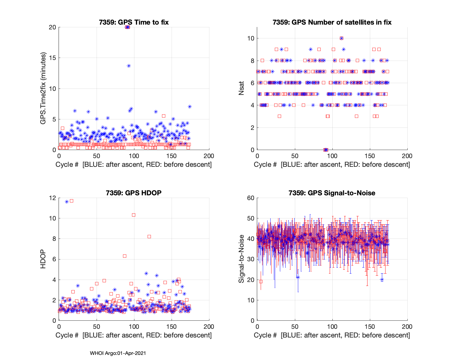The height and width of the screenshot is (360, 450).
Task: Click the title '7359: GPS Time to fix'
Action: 134,22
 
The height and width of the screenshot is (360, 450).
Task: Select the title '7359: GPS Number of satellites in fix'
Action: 332,22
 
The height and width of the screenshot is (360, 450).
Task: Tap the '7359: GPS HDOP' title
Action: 134,193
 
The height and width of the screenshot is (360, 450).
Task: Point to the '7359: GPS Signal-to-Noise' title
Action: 332,193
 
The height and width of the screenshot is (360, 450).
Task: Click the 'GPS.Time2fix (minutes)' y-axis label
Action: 43,88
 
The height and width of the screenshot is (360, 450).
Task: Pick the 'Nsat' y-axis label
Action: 241,88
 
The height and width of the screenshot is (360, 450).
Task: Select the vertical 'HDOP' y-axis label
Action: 43,259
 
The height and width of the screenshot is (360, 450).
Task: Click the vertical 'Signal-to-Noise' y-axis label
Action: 241,259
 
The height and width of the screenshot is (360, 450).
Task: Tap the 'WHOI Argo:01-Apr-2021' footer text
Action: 118,353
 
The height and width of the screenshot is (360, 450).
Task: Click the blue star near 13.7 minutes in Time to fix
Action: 129,66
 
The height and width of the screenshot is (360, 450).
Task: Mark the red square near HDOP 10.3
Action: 133,215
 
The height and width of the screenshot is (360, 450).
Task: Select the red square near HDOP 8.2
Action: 149,237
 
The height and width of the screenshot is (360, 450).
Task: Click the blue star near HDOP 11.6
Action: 67,202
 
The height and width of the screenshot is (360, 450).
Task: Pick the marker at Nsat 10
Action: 341,38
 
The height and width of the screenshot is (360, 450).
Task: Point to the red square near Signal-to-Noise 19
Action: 261,281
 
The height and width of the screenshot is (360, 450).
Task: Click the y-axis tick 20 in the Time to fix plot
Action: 52,27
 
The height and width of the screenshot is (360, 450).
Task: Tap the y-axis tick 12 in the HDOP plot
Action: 52,198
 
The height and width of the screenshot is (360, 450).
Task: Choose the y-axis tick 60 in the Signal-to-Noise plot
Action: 251,198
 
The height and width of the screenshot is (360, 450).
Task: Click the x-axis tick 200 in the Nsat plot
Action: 407,156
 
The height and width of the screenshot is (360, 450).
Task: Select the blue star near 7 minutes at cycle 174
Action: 190,106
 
